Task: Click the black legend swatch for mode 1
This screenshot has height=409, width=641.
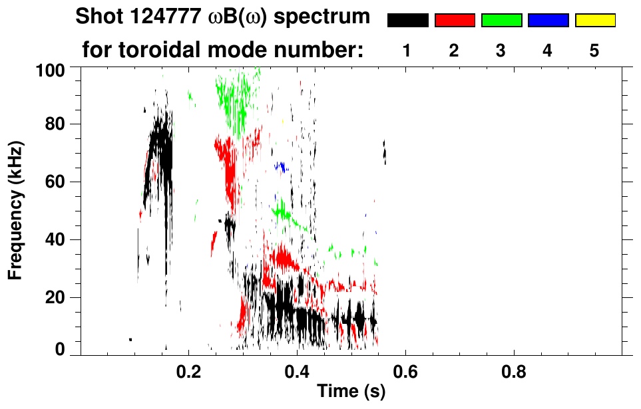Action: point(407,21)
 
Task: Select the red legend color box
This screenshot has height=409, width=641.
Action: point(455,21)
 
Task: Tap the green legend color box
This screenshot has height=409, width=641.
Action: point(501,21)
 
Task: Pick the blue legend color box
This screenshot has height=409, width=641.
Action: point(548,21)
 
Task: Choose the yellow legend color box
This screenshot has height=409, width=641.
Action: point(595,21)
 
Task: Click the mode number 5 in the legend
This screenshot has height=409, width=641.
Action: point(594,51)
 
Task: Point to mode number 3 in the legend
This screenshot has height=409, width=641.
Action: point(501,51)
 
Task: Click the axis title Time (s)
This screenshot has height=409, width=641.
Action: point(350,392)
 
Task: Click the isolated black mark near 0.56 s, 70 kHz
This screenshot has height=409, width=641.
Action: point(384,153)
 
